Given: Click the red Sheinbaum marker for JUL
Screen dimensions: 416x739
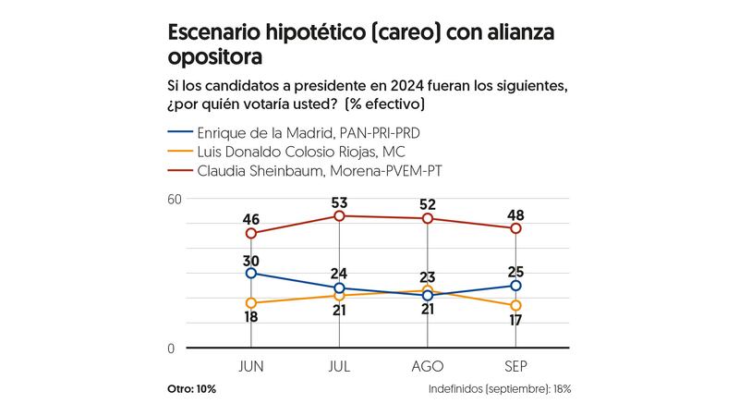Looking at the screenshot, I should click(339, 216).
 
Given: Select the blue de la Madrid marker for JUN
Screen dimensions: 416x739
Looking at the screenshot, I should click(251, 274).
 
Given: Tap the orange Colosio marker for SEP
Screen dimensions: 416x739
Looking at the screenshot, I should click(515, 305).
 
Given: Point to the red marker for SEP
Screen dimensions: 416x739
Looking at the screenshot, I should click(515, 228).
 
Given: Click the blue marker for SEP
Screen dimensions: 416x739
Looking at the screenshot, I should click(515, 286).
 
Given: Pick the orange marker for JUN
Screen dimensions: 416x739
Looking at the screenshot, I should click(251, 303).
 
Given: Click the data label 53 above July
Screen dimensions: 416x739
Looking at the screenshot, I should click(339, 202).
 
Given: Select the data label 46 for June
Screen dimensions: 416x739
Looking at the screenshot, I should click(251, 219).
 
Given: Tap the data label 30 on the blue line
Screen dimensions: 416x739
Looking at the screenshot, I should click(251, 260).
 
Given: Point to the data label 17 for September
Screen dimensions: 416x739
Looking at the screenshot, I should click(515, 320).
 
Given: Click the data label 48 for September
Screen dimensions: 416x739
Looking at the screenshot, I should click(515, 214).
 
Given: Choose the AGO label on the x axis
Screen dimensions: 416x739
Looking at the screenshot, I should click(428, 366).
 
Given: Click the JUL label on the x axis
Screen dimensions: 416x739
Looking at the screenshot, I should click(339, 366).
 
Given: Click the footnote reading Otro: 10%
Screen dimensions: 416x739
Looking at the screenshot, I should click(191, 389).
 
